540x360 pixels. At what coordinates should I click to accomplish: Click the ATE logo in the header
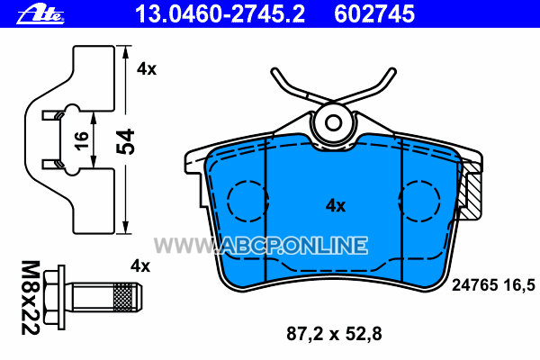tap(40, 15)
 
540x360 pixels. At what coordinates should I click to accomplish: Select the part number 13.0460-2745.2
tap(220, 14)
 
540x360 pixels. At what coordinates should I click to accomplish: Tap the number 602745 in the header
tap(374, 14)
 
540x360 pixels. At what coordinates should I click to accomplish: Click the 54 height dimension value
tap(125, 141)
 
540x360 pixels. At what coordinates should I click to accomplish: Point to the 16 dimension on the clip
tap(81, 140)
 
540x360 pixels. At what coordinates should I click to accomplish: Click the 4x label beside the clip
tap(147, 69)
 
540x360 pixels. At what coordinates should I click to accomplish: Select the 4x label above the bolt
tap(140, 266)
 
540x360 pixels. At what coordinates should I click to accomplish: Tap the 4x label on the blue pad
tap(336, 206)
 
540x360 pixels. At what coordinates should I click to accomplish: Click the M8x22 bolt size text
tap(31, 298)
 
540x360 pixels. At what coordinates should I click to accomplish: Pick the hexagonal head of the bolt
tap(54, 298)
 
